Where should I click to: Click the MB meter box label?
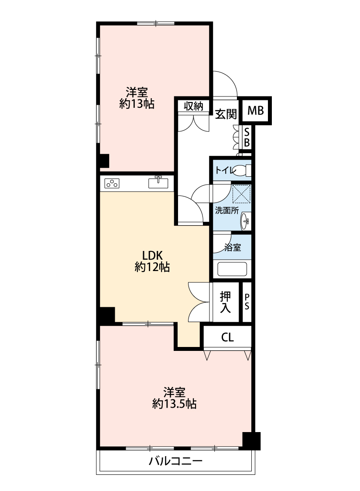pos(255,110)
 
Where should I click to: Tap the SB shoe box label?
pos(247,137)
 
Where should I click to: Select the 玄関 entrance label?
pos(226,114)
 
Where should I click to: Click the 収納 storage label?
pos(193,106)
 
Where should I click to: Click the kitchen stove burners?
pos(112,183)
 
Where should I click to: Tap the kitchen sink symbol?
pos(158,182)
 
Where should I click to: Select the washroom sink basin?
pos(245,221)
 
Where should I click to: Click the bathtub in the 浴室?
pos(232,269)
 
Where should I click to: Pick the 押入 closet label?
pos(226,302)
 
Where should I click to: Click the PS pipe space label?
pos(247,302)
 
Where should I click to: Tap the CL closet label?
pos(227,337)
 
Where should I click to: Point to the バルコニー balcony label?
pos(175,460)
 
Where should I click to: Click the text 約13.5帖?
pos(175,404)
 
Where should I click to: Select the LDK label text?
pos(152,255)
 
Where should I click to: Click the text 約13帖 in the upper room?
pos(137,103)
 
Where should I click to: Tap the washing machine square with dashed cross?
pos(242,194)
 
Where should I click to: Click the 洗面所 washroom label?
pos(226,210)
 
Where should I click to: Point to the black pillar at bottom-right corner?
pos(252,441)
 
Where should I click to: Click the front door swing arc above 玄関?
pos(230,78)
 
